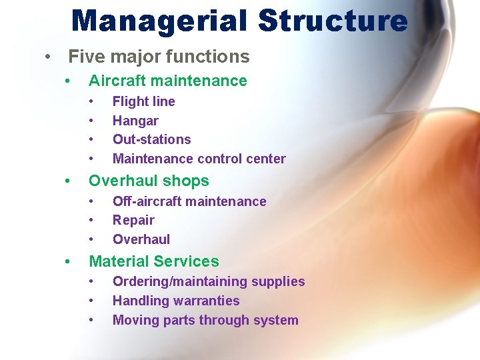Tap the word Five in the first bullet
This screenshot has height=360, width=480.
coord(86,57)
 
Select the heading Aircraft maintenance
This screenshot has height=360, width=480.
coord(167,81)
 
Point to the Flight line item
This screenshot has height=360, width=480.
coord(143,101)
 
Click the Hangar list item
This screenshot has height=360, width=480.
coord(135,121)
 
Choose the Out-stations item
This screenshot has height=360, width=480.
coord(151,139)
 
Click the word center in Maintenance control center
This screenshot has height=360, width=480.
coord(265,159)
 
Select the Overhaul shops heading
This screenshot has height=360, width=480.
coord(149,181)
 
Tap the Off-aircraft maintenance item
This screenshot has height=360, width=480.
coord(189,201)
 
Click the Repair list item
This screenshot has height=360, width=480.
coord(133,220)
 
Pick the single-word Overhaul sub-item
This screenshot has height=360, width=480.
coord(141,239)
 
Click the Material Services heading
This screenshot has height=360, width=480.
coord(153,261)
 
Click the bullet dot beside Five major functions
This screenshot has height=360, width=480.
coord(48,57)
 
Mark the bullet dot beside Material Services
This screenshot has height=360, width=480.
coord(68,262)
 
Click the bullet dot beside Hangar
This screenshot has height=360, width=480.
coord(91,121)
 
